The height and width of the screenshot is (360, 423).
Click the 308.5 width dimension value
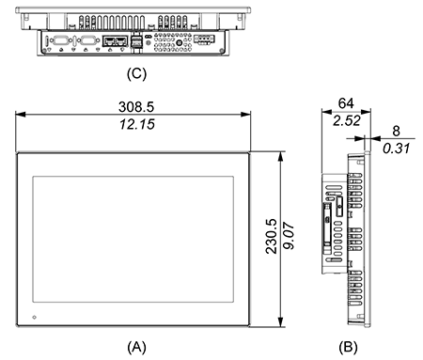(136, 107)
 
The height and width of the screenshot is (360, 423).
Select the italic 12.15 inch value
(137, 124)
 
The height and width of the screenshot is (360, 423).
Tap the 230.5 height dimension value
(272, 236)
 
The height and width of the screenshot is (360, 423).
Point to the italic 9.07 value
(289, 236)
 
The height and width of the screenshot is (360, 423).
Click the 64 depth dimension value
(346, 103)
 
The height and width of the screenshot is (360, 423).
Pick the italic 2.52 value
(347, 120)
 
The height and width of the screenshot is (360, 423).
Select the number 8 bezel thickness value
(396, 131)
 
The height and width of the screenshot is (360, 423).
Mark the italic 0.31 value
(397, 149)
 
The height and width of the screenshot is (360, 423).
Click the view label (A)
(136, 347)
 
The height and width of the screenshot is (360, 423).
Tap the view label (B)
(348, 347)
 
